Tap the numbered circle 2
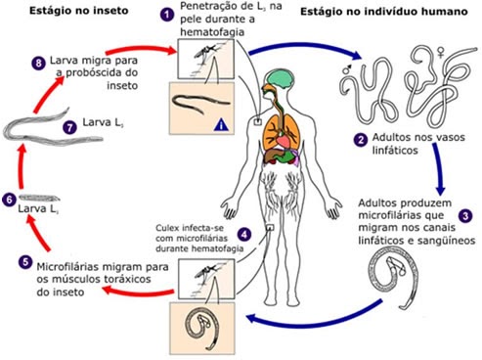click(x=362, y=140)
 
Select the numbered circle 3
click(x=465, y=214)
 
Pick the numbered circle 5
click(x=23, y=260)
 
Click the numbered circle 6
click(x=10, y=200)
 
